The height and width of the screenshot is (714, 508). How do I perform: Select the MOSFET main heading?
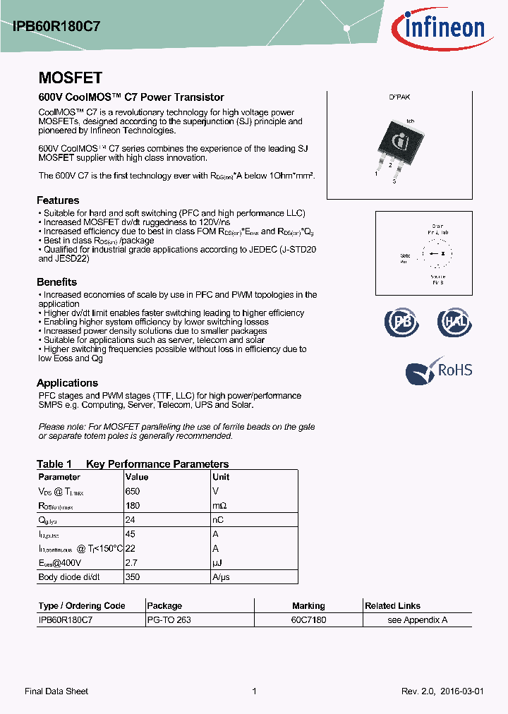pyautogui.click(x=70, y=78)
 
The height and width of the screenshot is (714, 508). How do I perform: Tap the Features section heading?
pyautogui.click(x=58, y=200)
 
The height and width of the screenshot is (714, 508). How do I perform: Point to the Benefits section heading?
pyautogui.click(x=56, y=282)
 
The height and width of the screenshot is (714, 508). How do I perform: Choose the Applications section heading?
pyautogui.click(x=67, y=383)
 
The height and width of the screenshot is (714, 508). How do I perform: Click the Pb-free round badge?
pyautogui.click(x=401, y=322)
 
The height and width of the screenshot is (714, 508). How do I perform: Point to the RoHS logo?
pyautogui.click(x=439, y=370)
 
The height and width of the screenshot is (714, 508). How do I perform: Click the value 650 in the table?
pyautogui.click(x=133, y=491)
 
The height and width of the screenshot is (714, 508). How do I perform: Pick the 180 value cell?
pyautogui.click(x=133, y=506)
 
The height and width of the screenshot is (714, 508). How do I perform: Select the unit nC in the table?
pyautogui.click(x=219, y=520)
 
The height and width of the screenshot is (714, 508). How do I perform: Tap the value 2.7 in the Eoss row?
pyautogui.click(x=131, y=563)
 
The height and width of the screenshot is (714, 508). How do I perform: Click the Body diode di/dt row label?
pyautogui.click(x=69, y=577)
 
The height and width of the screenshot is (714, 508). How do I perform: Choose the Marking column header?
pyautogui.click(x=308, y=605)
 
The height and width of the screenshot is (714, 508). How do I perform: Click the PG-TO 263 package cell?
pyautogui.click(x=169, y=619)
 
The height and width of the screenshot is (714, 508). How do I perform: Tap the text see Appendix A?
pyautogui.click(x=418, y=619)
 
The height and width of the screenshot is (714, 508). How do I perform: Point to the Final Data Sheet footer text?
pyautogui.click(x=56, y=691)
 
